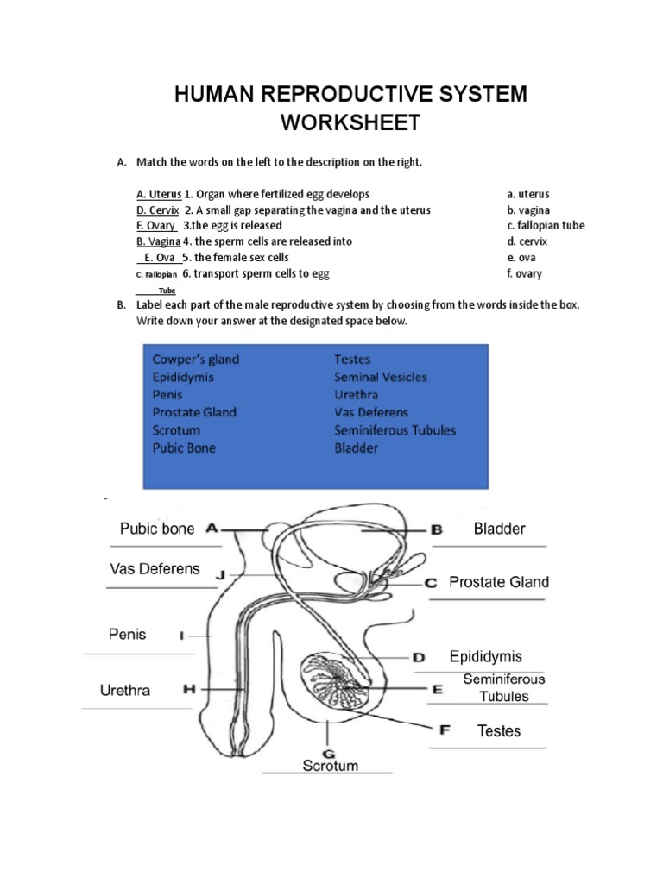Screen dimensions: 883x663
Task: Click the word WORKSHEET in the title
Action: coord(350,122)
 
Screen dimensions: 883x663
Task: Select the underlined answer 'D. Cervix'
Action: coord(157,210)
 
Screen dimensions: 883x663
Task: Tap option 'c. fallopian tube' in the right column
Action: coord(546,226)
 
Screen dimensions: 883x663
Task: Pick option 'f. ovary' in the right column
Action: coord(525,273)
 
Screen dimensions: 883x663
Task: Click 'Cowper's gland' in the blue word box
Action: coord(196,360)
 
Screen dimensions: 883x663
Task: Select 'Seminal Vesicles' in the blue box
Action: coord(381,377)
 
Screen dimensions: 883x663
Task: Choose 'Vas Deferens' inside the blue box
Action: coord(371,412)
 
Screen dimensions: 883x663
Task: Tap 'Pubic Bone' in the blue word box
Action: coord(185,448)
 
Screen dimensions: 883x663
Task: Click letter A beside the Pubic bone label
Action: coord(212,529)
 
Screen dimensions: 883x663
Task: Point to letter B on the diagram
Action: coord(436,530)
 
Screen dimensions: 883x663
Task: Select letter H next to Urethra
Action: coord(189,690)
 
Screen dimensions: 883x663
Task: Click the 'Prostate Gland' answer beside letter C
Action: coord(499,583)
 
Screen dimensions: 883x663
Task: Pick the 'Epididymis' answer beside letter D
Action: coord(486,657)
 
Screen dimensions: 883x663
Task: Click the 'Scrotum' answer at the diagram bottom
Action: coord(330,766)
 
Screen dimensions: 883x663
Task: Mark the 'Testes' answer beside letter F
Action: coord(499,731)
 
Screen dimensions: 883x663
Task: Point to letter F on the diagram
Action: coord(445,730)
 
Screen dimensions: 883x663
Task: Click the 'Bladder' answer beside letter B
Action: coord(499,529)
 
